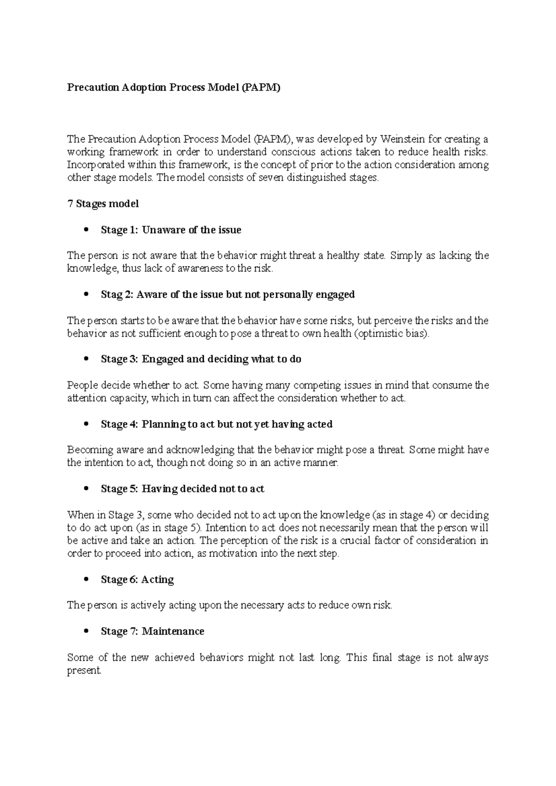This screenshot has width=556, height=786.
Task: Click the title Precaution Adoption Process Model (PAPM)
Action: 174,87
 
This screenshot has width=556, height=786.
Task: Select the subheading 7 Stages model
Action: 103,204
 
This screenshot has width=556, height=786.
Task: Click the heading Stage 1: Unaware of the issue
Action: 171,230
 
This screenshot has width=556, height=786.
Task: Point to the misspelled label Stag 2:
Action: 116,294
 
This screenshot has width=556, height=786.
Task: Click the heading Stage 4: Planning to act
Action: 216,424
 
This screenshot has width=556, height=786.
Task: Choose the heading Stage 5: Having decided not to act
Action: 182,489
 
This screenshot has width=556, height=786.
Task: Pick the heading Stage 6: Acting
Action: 137,580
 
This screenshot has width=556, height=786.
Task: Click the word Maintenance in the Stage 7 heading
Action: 173,631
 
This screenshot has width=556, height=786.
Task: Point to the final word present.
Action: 84,670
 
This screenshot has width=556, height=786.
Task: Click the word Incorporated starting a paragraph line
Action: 96,165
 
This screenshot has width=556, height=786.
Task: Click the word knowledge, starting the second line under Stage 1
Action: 92,268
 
